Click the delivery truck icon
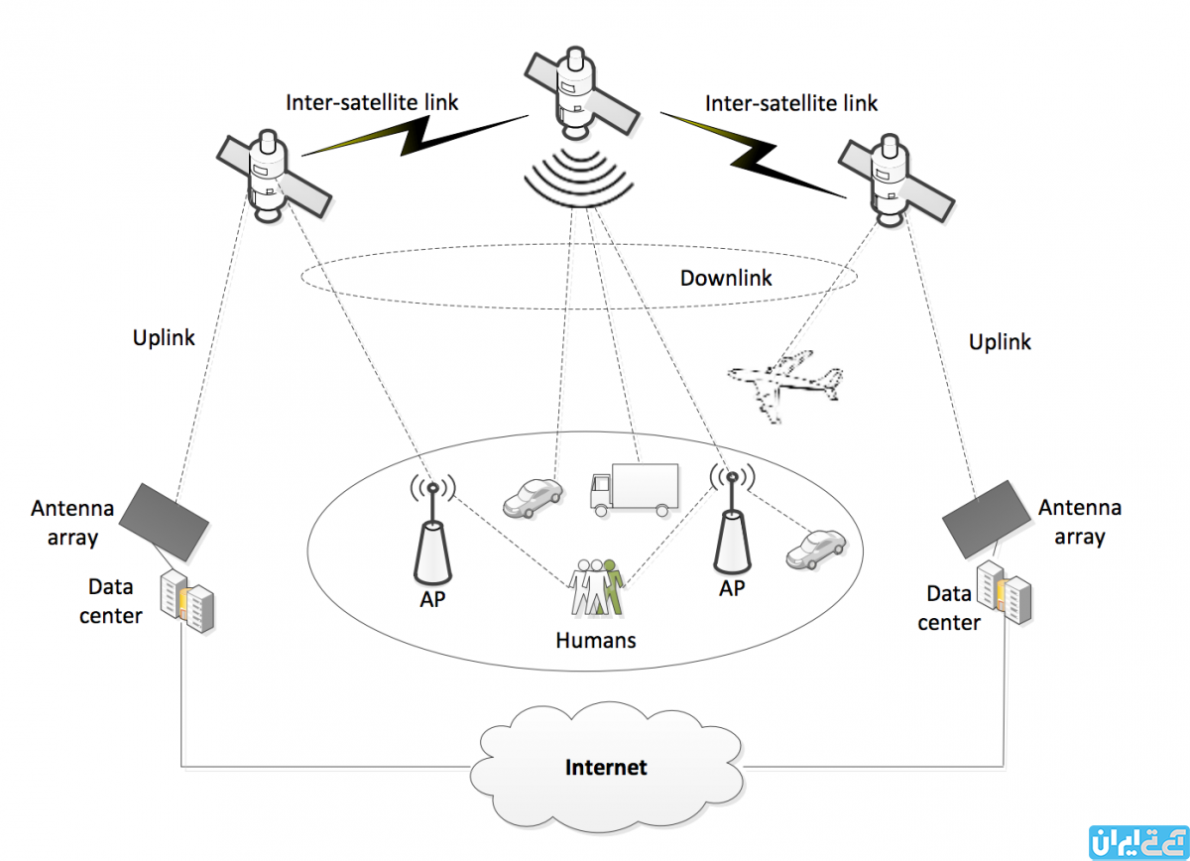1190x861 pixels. pyautogui.click(x=633, y=490)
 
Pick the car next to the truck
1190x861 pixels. pyautogui.click(x=533, y=497)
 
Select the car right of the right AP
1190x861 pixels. pyautogui.click(x=815, y=550)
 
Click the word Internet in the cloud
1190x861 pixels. pyautogui.click(x=605, y=767)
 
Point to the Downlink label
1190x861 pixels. pyautogui.click(x=725, y=279)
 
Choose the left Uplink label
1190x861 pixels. pyautogui.click(x=164, y=337)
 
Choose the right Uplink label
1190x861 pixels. pyautogui.click(x=1000, y=341)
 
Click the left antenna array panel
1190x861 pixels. pyautogui.click(x=165, y=518)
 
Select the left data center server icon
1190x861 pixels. pyautogui.click(x=189, y=601)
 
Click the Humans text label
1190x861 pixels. pyautogui.click(x=595, y=640)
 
